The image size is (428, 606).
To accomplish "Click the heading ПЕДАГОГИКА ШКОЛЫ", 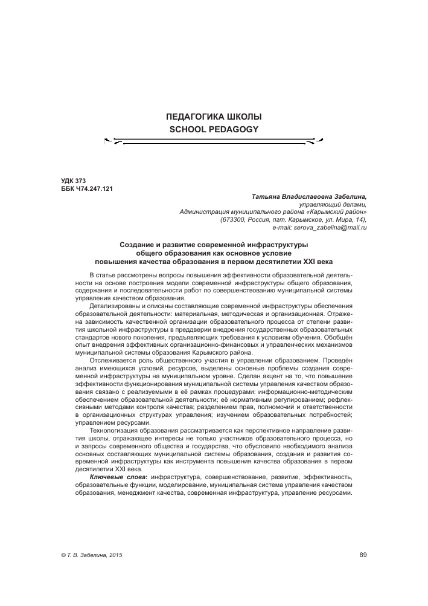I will tap(214, 116).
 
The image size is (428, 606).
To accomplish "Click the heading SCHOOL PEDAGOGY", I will tap(214, 129).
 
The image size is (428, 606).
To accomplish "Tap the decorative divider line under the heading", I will tap(214, 142).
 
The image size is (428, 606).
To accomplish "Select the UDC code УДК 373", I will tap(74, 181).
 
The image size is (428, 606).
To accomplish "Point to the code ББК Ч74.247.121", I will tap(88, 189).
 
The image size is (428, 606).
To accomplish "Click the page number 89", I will tap(363, 556).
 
